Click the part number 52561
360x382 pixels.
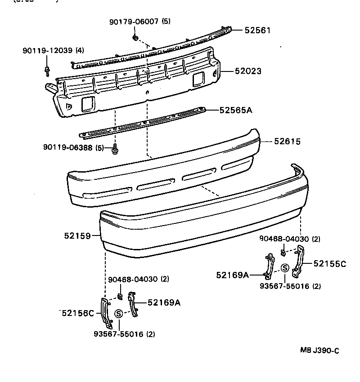258,31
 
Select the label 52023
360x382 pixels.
247,71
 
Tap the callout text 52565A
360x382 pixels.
236,110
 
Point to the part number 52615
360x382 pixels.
288,142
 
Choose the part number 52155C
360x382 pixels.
329,264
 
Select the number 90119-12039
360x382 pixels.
47,50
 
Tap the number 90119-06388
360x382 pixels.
67,147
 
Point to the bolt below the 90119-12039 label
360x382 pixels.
47,70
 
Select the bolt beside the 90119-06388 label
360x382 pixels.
115,148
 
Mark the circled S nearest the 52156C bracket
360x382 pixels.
119,314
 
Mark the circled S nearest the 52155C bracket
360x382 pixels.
285,268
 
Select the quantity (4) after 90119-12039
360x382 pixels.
80,50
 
